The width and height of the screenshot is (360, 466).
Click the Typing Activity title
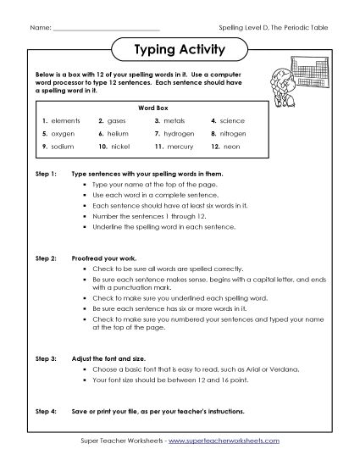coord(180,49)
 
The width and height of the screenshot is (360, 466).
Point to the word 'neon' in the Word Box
coord(233,147)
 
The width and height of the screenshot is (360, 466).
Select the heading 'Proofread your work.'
coord(105,255)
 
